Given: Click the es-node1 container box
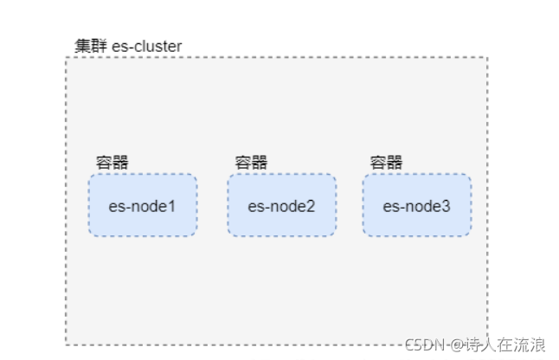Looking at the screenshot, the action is coord(142,205).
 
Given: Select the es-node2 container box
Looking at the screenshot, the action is coord(281,205).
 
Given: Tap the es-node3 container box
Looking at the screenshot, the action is coord(416,205).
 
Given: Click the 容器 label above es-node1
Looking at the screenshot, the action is coord(112,162).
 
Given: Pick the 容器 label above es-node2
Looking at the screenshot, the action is coord(251,162).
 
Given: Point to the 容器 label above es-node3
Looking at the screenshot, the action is coord(386,162).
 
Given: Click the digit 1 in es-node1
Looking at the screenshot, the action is coord(171,206).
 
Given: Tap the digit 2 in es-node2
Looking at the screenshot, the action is coord(310,206).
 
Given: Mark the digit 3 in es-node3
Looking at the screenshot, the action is coord(445,206).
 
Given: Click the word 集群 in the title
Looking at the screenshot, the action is coord(90,46).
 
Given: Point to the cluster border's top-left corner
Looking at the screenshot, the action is coord(67,58).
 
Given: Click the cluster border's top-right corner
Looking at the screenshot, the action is coord(487,58).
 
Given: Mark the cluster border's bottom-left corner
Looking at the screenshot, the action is coord(67,344).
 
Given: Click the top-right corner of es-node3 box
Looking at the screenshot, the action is coord(470,176).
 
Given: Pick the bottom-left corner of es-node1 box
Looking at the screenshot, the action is coord(89,235).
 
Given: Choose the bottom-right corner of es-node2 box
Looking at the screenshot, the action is coord(335,235).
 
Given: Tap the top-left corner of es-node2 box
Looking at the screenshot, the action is coord(229,176).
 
